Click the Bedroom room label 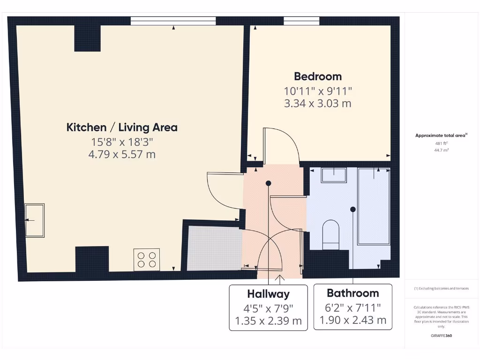[x=318, y=76]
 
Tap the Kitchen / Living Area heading [x=122, y=127]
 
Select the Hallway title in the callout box [x=268, y=294]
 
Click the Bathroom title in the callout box [x=352, y=293]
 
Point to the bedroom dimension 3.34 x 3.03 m [x=318, y=103]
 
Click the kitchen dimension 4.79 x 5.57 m [x=122, y=154]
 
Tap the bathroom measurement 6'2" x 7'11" [x=352, y=307]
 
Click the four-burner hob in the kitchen [x=146, y=259]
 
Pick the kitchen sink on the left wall [x=35, y=220]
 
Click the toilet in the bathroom [x=331, y=234]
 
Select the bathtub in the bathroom [x=374, y=206]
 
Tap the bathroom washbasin [x=333, y=175]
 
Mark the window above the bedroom [x=301, y=21]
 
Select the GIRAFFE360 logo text [x=441, y=336]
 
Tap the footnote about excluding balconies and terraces [x=441, y=288]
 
